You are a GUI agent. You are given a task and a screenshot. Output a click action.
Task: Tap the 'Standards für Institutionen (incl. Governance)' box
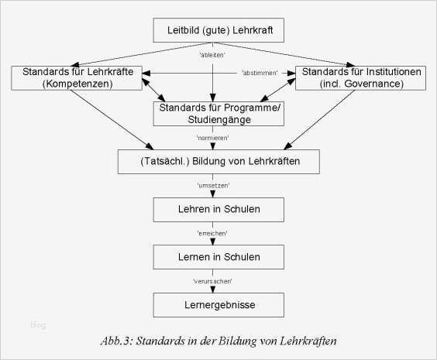pos(362,77)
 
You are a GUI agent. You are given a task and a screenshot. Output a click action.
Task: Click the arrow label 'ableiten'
pos(215,55)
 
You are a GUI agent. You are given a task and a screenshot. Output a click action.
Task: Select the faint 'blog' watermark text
pos(38,325)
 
